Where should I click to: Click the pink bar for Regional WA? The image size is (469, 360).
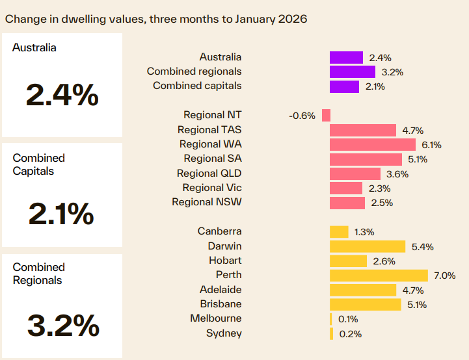pyautogui.click(x=372, y=144)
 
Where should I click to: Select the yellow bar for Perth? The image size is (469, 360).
pyautogui.click(x=379, y=276)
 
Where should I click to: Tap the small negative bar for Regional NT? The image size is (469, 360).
pyautogui.click(x=326, y=115)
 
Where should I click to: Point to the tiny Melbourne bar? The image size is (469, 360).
pyautogui.click(x=331, y=319)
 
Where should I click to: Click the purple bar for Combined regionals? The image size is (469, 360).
pyautogui.click(x=352, y=71)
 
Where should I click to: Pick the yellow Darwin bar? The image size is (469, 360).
pyautogui.click(x=368, y=246)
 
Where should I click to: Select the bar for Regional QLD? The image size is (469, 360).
pyautogui.click(x=355, y=174)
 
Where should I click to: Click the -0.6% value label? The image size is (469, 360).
pyautogui.click(x=302, y=116)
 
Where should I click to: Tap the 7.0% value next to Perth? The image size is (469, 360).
pyautogui.click(x=444, y=276)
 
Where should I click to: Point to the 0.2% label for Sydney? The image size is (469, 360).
pyautogui.click(x=349, y=334)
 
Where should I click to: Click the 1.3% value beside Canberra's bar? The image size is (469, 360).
pyautogui.click(x=364, y=232)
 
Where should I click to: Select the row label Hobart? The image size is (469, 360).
pyautogui.click(x=224, y=261)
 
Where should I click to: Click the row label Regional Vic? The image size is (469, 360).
pyautogui.click(x=212, y=188)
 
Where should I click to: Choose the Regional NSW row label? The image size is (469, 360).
pyautogui.click(x=206, y=202)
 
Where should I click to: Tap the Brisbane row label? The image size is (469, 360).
pyautogui.click(x=221, y=304)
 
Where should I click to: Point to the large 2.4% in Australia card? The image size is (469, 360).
pyautogui.click(x=62, y=95)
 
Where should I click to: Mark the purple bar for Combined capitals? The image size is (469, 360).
pyautogui.click(x=344, y=86)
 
